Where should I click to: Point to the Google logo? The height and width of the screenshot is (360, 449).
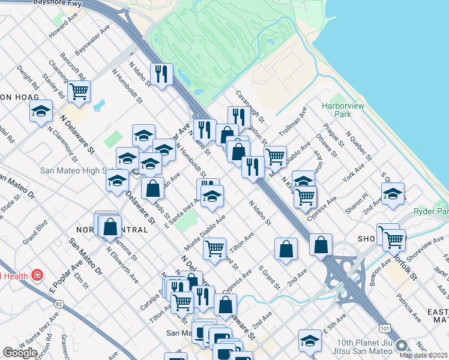tap(20, 353)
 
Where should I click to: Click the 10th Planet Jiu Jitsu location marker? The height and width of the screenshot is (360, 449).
tap(402, 346)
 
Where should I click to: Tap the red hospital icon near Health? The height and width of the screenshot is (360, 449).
tap(37, 275)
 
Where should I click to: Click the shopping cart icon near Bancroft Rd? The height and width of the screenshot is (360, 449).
tap(79, 92)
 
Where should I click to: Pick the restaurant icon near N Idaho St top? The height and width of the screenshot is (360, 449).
tap(161, 74)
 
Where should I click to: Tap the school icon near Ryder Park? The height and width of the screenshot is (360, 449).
tap(393, 193)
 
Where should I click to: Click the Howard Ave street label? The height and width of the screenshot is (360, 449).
tap(64, 29)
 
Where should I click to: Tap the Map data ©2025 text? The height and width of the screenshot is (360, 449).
tap(423, 355)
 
